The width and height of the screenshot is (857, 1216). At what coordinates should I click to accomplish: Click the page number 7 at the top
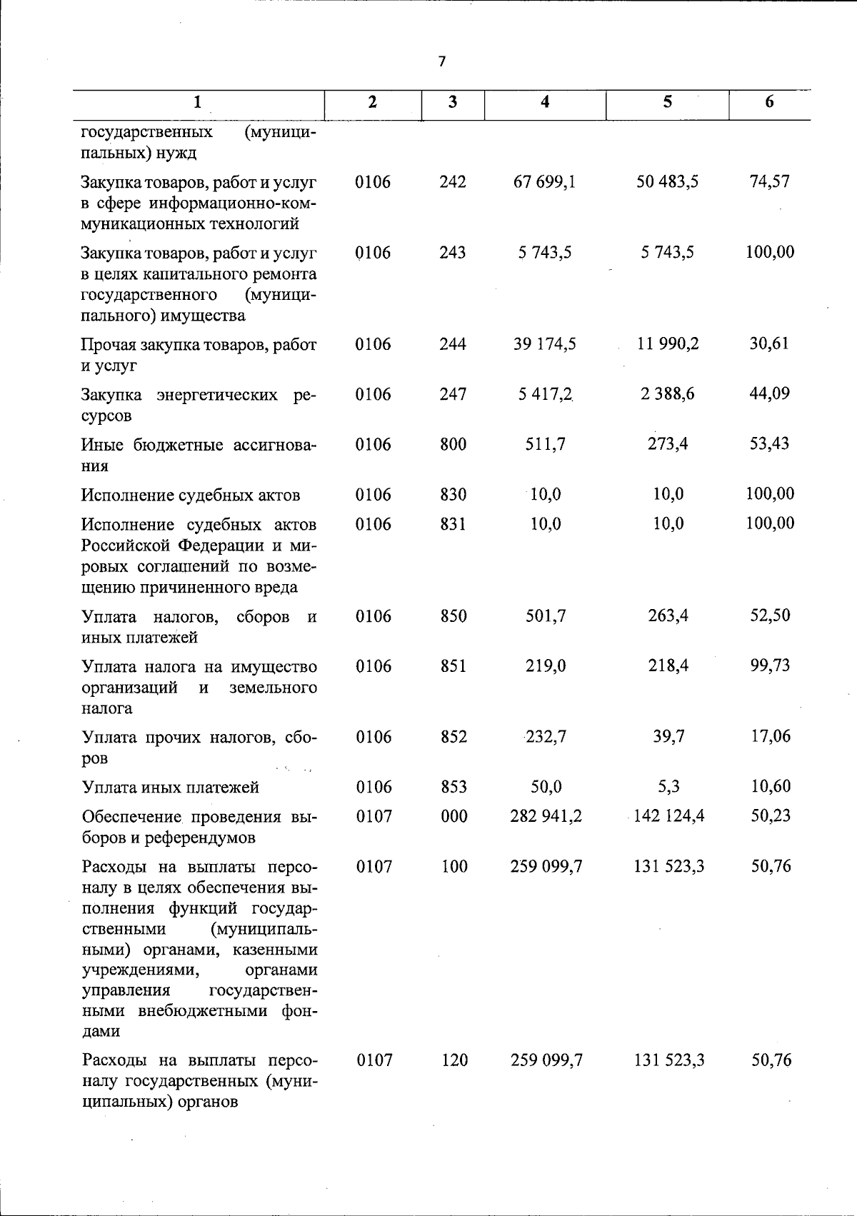[441, 62]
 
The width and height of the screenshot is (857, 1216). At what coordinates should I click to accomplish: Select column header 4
[545, 102]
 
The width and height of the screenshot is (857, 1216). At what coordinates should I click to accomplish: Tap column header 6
[769, 102]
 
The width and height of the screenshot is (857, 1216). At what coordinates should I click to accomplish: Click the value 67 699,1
[544, 182]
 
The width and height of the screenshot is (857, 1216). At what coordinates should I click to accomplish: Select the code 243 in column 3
[453, 253]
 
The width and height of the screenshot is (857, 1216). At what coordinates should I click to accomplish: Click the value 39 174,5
[544, 344]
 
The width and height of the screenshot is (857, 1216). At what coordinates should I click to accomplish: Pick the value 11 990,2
[668, 344]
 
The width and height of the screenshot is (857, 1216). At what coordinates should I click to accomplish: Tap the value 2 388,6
[668, 394]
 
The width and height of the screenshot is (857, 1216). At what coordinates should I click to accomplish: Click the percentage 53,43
[769, 444]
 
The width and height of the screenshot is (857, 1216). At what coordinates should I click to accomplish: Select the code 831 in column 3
[453, 524]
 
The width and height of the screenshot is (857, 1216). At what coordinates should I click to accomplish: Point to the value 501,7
[546, 616]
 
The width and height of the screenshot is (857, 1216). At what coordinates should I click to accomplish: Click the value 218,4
[668, 666]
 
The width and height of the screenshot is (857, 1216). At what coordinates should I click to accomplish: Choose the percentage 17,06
[771, 736]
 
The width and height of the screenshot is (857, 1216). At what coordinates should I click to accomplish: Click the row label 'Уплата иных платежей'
[171, 788]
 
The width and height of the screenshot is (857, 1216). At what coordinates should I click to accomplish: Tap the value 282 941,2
[546, 816]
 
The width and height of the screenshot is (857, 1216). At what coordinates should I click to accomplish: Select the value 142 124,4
[668, 816]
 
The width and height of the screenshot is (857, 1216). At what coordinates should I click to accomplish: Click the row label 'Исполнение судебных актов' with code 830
[190, 496]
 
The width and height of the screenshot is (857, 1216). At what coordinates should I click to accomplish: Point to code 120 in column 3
[454, 1060]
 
